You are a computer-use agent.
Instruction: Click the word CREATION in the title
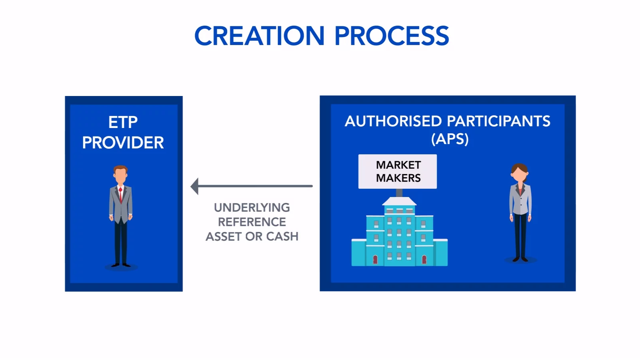click(x=260, y=36)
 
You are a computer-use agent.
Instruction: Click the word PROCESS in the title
click(x=392, y=36)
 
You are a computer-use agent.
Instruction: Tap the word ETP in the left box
click(x=123, y=122)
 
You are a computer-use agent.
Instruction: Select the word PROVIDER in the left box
click(x=123, y=142)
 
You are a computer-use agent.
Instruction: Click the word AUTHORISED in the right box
click(x=393, y=121)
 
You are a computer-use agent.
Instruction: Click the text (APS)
click(x=450, y=139)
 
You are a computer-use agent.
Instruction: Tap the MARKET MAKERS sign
click(x=398, y=172)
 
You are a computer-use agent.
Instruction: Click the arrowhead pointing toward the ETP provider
click(x=194, y=186)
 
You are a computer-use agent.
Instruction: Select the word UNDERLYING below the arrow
click(x=252, y=208)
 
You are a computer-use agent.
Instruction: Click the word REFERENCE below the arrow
click(x=252, y=222)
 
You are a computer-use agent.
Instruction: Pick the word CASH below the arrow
click(x=282, y=236)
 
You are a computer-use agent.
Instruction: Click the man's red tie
click(x=120, y=195)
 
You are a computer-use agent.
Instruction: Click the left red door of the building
click(x=375, y=260)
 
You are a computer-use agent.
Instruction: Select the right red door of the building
click(x=424, y=260)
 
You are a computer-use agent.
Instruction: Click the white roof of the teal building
click(x=399, y=201)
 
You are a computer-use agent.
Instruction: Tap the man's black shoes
click(x=120, y=265)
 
